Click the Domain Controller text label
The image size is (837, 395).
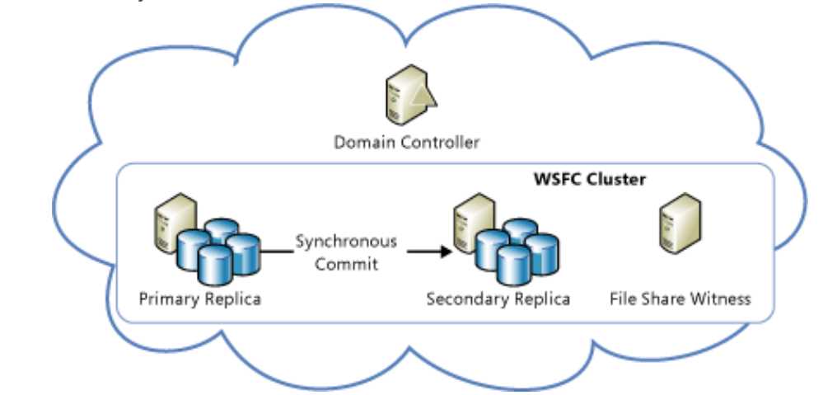(x=406, y=142)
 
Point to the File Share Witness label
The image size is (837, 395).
(x=680, y=298)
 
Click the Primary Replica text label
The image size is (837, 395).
(x=200, y=298)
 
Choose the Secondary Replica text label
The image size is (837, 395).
(x=498, y=298)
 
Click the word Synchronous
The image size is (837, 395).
(x=346, y=242)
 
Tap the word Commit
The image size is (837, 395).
(x=346, y=264)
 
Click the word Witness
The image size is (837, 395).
(x=721, y=298)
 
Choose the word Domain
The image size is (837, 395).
(x=362, y=142)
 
